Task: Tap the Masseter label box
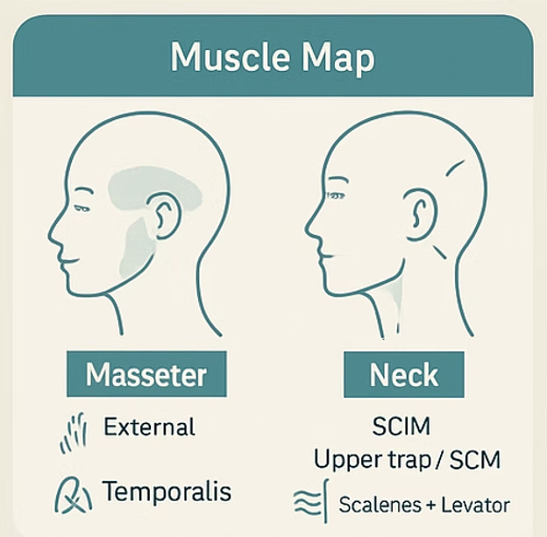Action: pyautogui.click(x=146, y=375)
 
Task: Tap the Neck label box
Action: pyautogui.click(x=404, y=375)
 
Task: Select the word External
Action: pyautogui.click(x=149, y=427)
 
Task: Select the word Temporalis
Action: pyautogui.click(x=167, y=491)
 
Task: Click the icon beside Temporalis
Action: pyautogui.click(x=74, y=494)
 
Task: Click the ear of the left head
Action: pyautogui.click(x=164, y=215)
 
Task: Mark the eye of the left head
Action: pyautogui.click(x=83, y=208)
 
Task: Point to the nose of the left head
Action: pyautogui.click(x=54, y=232)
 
